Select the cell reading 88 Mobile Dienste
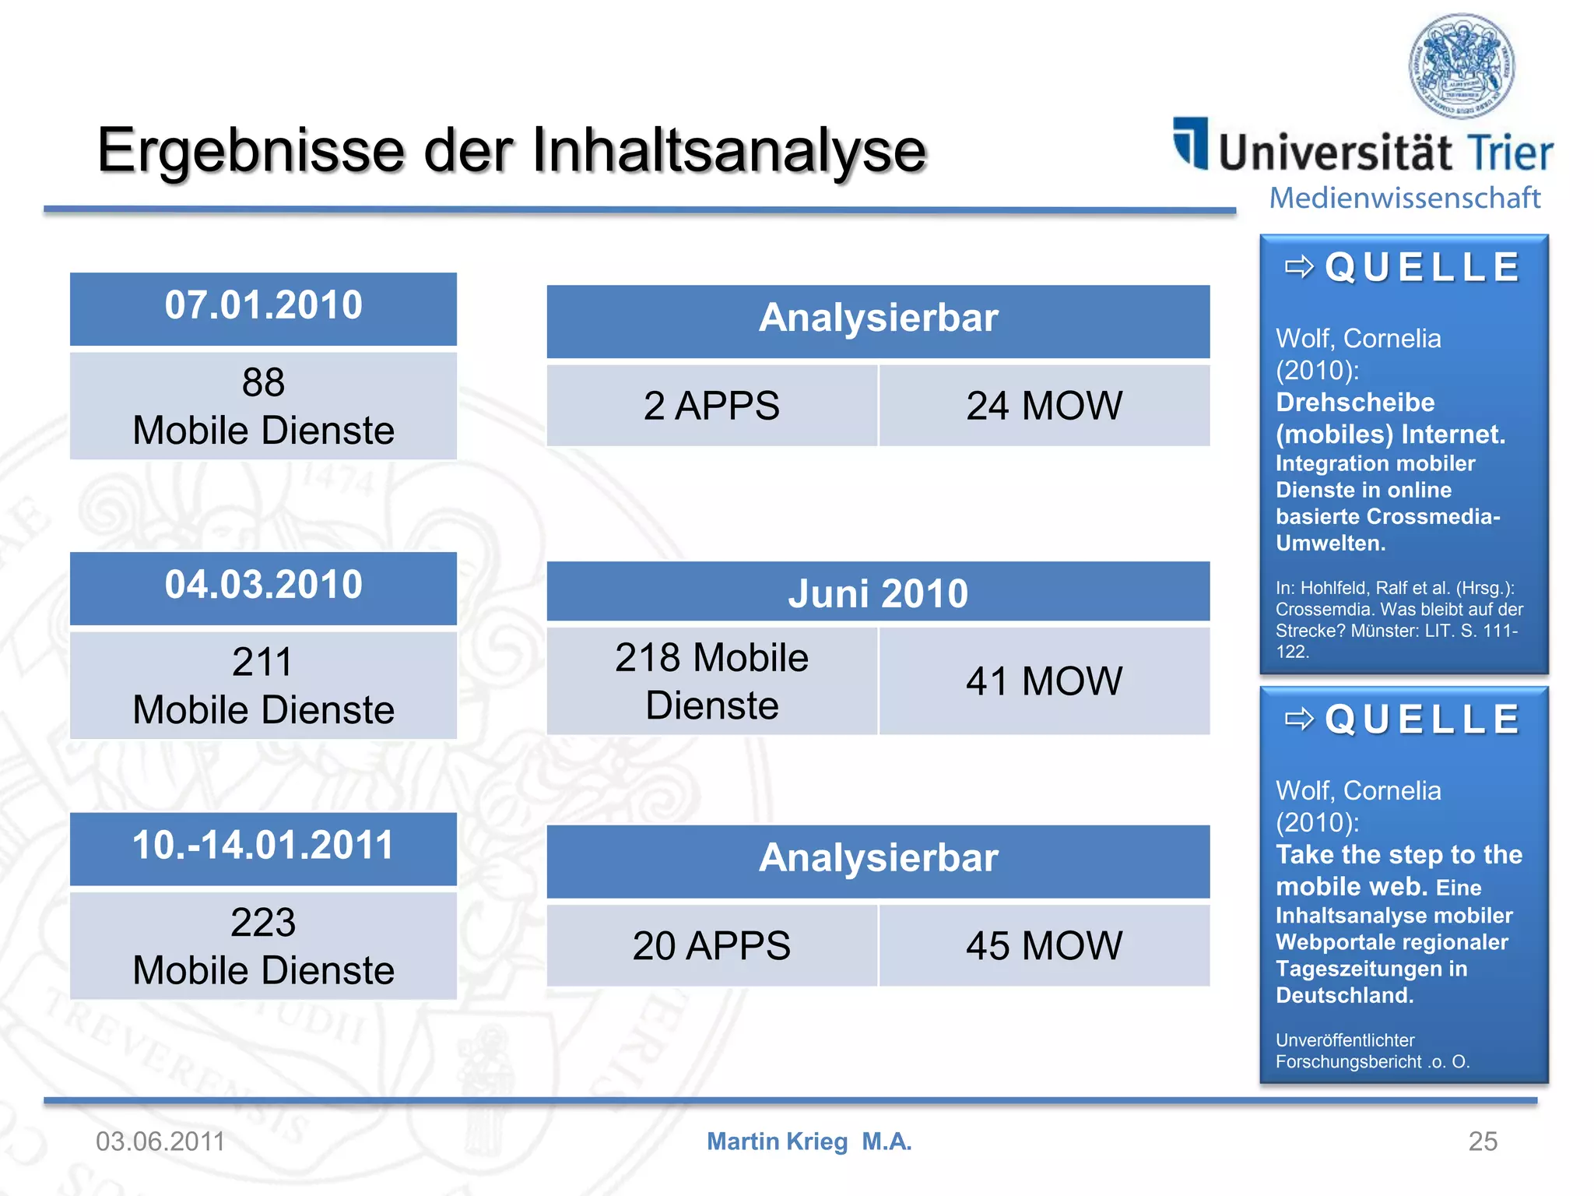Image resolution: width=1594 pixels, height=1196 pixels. (x=263, y=406)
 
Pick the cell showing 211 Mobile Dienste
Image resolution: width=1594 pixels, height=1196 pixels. (x=263, y=686)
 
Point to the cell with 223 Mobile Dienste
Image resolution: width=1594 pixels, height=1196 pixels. (x=263, y=946)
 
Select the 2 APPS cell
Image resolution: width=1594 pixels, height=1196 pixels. (x=711, y=406)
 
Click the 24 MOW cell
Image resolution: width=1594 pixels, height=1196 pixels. (x=1044, y=406)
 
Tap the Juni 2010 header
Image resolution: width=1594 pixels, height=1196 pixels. (x=877, y=593)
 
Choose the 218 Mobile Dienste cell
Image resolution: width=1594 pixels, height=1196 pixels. (x=711, y=681)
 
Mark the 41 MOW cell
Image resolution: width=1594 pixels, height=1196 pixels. (x=1044, y=681)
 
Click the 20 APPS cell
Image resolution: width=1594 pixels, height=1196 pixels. (x=711, y=946)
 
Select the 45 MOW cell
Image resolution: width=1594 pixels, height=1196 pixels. (x=1044, y=946)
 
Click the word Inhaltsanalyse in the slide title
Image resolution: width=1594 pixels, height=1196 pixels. (x=729, y=150)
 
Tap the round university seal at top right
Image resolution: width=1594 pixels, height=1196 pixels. (x=1462, y=66)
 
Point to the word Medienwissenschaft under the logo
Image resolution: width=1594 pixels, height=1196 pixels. (x=1404, y=198)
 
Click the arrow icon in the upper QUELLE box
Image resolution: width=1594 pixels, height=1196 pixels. (x=1299, y=267)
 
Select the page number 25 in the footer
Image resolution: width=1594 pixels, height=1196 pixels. (x=1482, y=1141)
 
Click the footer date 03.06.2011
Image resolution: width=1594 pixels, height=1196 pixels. (x=160, y=1141)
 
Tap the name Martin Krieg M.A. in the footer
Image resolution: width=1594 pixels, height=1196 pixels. (x=809, y=1141)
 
